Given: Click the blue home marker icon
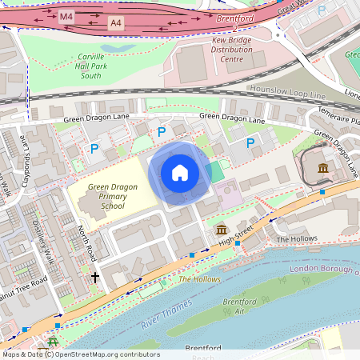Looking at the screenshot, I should pyautogui.click(x=180, y=173).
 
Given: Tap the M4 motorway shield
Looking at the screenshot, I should pyautogui.click(x=67, y=15).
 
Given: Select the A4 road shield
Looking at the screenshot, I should pyautogui.click(x=116, y=24).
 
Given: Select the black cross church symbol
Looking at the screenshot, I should pyautogui.click(x=95, y=278).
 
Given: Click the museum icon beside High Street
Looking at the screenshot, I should pyautogui.click(x=221, y=230).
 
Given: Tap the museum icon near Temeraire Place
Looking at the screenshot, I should pyautogui.click(x=322, y=168).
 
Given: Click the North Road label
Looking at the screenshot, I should pyautogui.click(x=86, y=242).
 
